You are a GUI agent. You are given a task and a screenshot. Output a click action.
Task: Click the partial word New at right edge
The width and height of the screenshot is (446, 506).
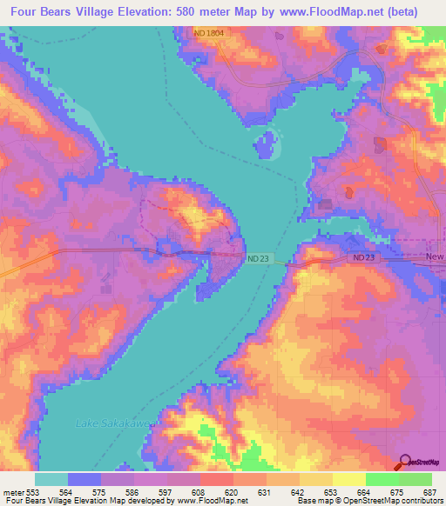click(x=435, y=258)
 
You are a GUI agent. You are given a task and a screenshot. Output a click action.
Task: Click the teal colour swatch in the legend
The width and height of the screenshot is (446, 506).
click(x=51, y=479)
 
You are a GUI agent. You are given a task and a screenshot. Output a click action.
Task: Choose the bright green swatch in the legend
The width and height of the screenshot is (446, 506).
click(x=382, y=479)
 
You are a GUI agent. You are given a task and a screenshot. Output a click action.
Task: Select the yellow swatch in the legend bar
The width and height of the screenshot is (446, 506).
click(x=348, y=479)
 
